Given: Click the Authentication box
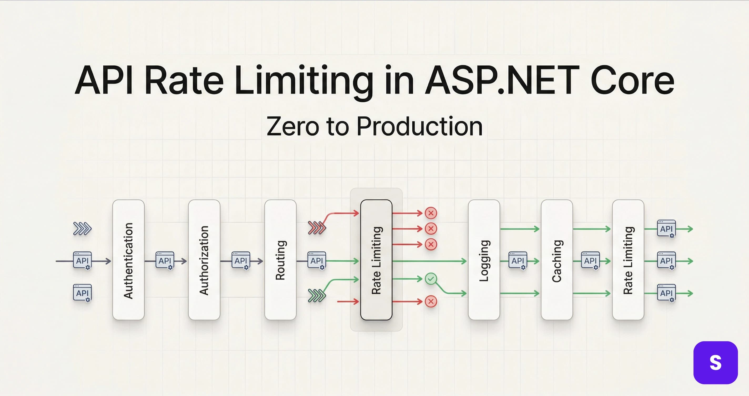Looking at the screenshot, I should [x=128, y=260].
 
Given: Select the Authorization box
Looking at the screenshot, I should [x=204, y=260].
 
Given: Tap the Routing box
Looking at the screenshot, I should [x=280, y=260].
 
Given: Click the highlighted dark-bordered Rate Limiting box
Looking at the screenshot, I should [x=376, y=260].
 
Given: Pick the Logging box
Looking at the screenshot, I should [x=484, y=260].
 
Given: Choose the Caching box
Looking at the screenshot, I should [x=556, y=260].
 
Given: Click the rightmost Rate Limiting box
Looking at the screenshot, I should [x=628, y=260].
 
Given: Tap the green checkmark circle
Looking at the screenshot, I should [x=431, y=279].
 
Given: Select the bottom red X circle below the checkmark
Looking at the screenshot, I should [x=431, y=301].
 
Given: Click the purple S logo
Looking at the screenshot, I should [x=715, y=363].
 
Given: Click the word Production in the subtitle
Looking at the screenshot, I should [x=419, y=127].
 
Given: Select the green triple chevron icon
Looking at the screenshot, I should [x=317, y=295].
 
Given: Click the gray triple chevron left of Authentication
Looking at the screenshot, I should [x=82, y=229].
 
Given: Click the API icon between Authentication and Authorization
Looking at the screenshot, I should [x=165, y=260].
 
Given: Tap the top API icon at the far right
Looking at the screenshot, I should [x=666, y=229].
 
